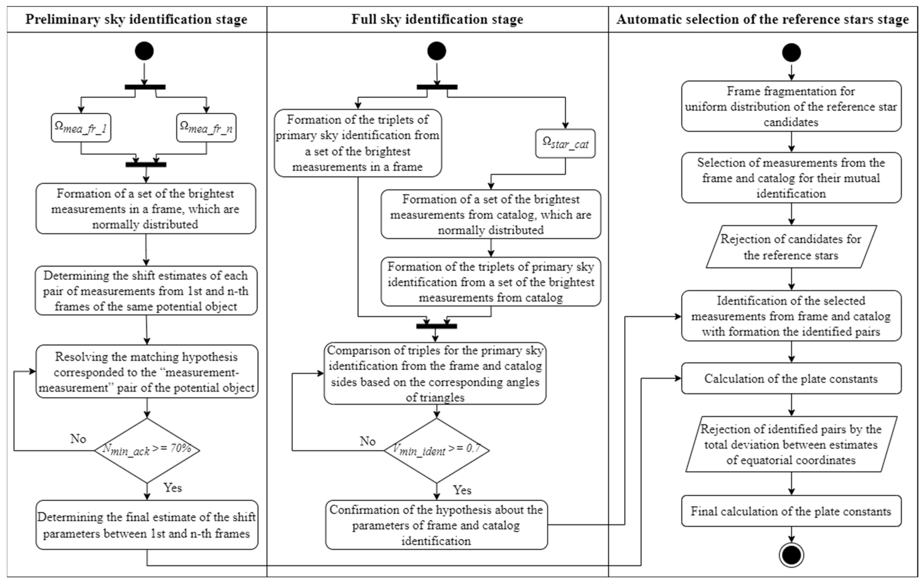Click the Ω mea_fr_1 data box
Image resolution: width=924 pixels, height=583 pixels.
click(x=81, y=128)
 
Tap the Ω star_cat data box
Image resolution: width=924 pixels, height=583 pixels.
click(x=565, y=143)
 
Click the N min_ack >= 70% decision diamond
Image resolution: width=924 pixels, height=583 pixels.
click(x=147, y=450)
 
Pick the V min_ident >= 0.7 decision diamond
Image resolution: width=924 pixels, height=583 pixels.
click(x=436, y=450)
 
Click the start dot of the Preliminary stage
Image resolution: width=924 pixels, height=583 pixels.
click(x=144, y=51)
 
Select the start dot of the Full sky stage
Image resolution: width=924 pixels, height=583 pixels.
click(x=437, y=51)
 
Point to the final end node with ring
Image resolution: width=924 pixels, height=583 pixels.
click(x=791, y=555)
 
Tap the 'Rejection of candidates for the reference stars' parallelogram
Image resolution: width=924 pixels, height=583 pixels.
click(x=791, y=247)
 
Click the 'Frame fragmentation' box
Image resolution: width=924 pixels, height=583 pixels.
click(x=791, y=106)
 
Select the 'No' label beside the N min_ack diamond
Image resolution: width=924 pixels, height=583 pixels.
click(x=78, y=439)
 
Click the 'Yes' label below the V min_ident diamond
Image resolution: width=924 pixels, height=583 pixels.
click(x=462, y=490)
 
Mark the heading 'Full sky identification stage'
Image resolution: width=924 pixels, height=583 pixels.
click(x=437, y=19)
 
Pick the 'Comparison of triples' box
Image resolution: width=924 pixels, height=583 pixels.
click(x=435, y=373)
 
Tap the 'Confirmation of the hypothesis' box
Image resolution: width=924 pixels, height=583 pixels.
click(x=436, y=525)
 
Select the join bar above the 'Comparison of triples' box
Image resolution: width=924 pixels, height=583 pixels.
click(x=437, y=326)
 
